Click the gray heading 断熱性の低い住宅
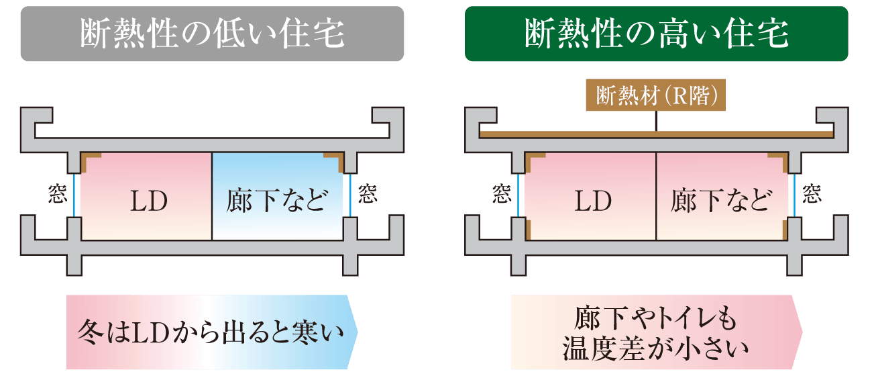(212, 34)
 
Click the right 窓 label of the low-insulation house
(367, 194)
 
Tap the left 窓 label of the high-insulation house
(502, 194)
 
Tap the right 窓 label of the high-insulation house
(811, 194)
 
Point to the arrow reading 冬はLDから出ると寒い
(212, 332)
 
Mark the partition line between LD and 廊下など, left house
(212, 196)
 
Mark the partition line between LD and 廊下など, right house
(656, 196)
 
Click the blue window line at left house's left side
(74, 195)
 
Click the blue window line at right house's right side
(795, 195)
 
